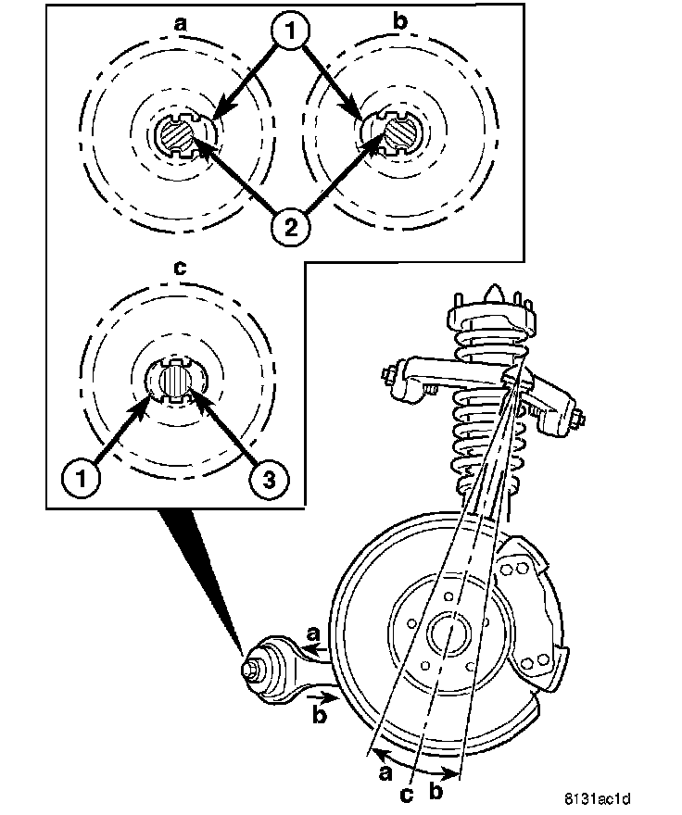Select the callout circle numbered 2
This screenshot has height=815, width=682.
(x=290, y=225)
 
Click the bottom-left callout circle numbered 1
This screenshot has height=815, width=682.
(x=82, y=478)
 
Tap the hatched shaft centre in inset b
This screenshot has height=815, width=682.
(x=401, y=133)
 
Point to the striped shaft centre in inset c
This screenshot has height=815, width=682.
(x=177, y=381)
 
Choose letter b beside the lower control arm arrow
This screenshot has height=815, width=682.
(x=319, y=715)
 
